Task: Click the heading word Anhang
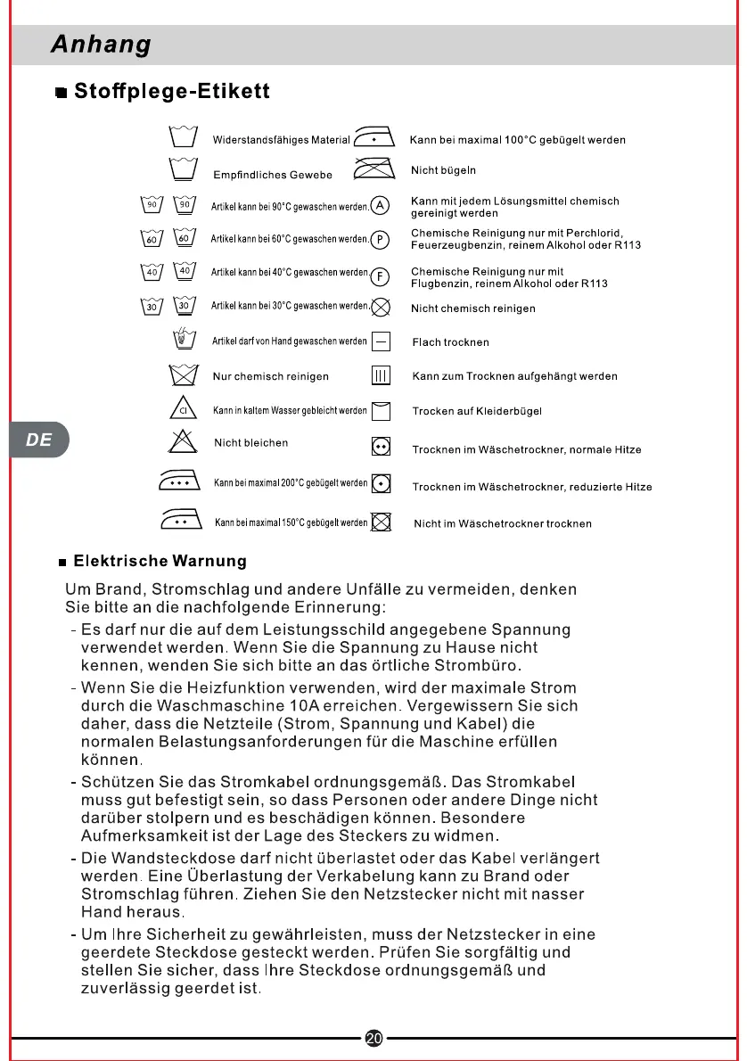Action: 101,44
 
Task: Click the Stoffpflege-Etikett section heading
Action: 171,92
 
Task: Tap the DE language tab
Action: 38,440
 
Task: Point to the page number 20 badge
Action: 373,1037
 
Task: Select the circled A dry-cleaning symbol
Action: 380,205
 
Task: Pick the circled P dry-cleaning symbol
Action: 380,239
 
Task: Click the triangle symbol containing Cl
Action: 182,409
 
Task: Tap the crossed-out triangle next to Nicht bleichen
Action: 182,441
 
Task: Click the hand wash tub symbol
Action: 183,340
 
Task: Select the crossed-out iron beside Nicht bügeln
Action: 374,169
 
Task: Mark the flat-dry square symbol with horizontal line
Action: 381,341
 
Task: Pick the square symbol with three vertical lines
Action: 381,376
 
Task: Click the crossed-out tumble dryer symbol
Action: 381,522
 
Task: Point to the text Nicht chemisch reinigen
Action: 472,308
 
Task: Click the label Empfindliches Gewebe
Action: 273,175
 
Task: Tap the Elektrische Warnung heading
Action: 160,562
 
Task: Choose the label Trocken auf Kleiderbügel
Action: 477,411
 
